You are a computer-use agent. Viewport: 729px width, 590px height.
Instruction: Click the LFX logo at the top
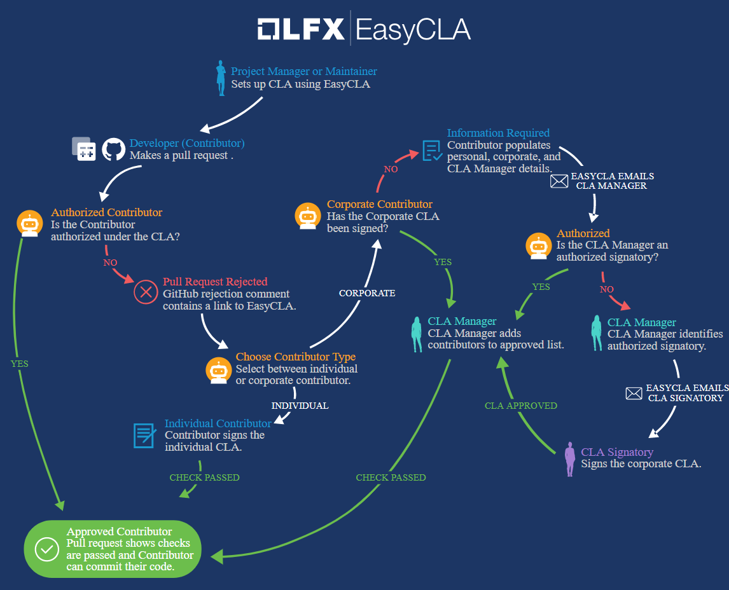coord(301,29)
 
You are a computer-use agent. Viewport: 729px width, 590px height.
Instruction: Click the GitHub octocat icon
coord(113,149)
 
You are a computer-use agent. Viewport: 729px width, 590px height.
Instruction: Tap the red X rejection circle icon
coord(146,292)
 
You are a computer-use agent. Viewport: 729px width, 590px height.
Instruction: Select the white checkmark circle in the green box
coord(47,549)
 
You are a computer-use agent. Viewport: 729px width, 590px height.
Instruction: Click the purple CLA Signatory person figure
coord(570,459)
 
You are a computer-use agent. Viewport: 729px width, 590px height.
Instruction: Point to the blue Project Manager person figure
coord(221,78)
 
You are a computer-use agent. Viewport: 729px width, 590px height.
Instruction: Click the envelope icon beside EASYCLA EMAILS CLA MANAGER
coord(559,181)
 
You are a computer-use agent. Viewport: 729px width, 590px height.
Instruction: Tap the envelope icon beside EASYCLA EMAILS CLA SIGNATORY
coord(634,394)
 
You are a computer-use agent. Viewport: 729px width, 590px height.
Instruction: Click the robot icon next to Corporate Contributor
coord(308,216)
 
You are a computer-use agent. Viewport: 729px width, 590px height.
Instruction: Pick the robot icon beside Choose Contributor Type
coord(219,370)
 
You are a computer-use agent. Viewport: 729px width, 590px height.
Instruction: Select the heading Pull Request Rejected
coord(215,282)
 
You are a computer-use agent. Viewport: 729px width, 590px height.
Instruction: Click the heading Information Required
coord(498,133)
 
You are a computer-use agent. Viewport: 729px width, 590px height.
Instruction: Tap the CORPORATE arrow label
coord(367,293)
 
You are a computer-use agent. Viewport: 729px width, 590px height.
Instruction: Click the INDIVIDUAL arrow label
coord(300,406)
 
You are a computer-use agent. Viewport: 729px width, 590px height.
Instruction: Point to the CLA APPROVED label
coord(521,406)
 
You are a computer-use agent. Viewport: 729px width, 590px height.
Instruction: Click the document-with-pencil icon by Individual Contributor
coord(144,436)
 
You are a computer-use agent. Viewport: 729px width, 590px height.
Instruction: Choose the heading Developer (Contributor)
coord(187,143)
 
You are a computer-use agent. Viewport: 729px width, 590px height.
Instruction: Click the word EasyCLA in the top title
coord(413,30)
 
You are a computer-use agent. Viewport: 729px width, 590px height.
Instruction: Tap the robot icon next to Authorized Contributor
coord(30,223)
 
